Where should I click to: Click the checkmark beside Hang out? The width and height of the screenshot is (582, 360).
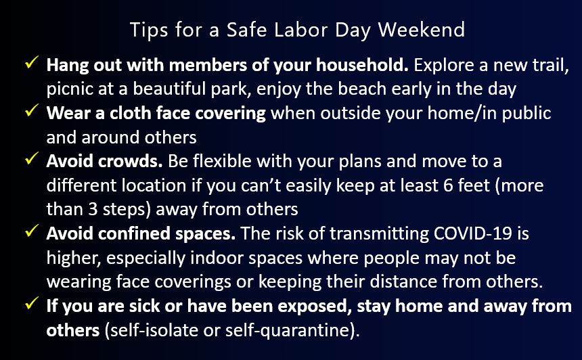30,66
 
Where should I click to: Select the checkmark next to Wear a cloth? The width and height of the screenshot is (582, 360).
30,112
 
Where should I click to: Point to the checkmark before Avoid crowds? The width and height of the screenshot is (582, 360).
30,161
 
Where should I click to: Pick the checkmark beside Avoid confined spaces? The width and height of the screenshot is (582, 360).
30,233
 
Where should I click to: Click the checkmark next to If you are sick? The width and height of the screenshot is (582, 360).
30,305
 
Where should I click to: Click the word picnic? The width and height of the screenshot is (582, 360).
70,89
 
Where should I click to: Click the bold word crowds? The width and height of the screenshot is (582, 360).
131,162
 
